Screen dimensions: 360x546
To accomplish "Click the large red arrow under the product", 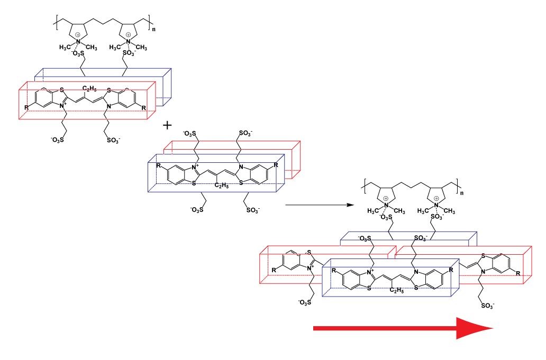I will pos(402,328).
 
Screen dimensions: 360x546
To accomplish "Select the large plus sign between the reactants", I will pos(169,126).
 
